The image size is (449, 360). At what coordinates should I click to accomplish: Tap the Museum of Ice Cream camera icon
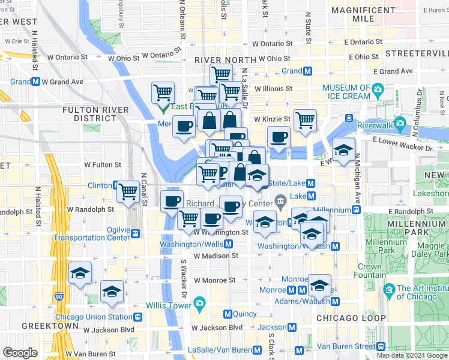(x=378, y=91)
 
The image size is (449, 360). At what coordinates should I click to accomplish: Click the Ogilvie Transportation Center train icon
(x=137, y=234)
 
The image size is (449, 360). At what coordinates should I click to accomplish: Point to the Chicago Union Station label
(x=94, y=317)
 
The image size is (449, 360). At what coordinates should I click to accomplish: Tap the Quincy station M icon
(x=228, y=314)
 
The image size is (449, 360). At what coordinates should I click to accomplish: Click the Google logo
(x=20, y=353)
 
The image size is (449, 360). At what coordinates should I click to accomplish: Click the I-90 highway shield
(x=58, y=296)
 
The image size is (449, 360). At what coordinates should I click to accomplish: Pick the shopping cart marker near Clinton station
(x=128, y=191)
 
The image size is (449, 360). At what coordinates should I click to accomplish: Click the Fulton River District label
(x=96, y=113)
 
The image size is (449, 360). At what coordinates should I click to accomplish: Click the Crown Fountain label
(x=370, y=271)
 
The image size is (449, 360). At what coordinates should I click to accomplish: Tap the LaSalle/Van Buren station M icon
(x=257, y=350)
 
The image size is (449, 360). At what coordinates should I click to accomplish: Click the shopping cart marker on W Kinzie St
(x=305, y=120)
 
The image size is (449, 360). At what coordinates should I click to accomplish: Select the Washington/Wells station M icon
(x=229, y=244)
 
